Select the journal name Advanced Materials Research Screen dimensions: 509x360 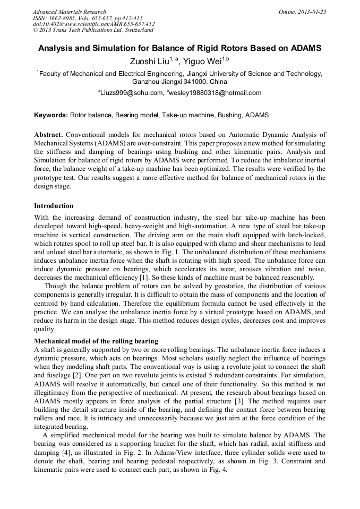coord(69,12)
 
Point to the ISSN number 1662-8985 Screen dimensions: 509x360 coord(62,18)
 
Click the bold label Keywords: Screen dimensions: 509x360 coord(51,115)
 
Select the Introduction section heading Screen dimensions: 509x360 coord(54,206)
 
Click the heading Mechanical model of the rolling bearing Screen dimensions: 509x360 coord(96,341)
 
